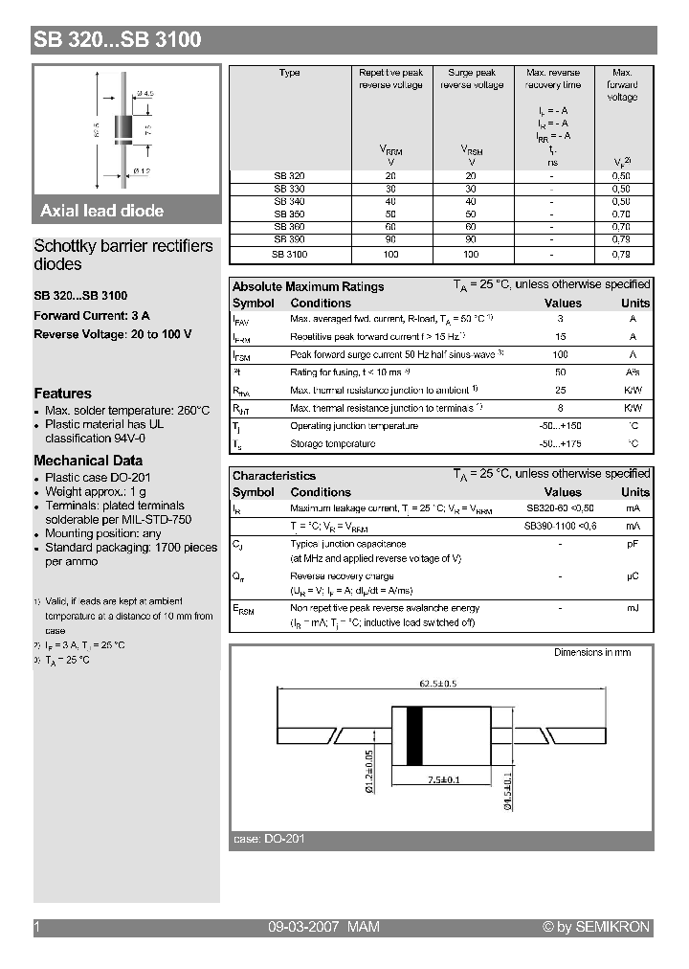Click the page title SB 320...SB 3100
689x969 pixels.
pos(117,40)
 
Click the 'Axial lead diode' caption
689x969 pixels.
pos(101,211)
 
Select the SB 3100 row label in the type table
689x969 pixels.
pos(289,255)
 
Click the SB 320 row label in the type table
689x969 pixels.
pos(289,175)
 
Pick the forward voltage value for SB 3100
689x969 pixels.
pos(621,255)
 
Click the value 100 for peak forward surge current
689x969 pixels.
pos(560,354)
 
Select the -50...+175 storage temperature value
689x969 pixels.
pos(560,443)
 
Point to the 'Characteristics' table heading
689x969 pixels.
pos(274,475)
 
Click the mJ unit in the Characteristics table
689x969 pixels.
pos(633,608)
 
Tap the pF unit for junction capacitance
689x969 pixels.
pos(633,543)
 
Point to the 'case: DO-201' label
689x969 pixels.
pos(269,839)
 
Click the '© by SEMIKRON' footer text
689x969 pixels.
pos(595,927)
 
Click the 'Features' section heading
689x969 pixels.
pos(63,394)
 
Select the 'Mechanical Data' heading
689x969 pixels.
pos(88,461)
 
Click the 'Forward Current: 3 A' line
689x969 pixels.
pos(92,315)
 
